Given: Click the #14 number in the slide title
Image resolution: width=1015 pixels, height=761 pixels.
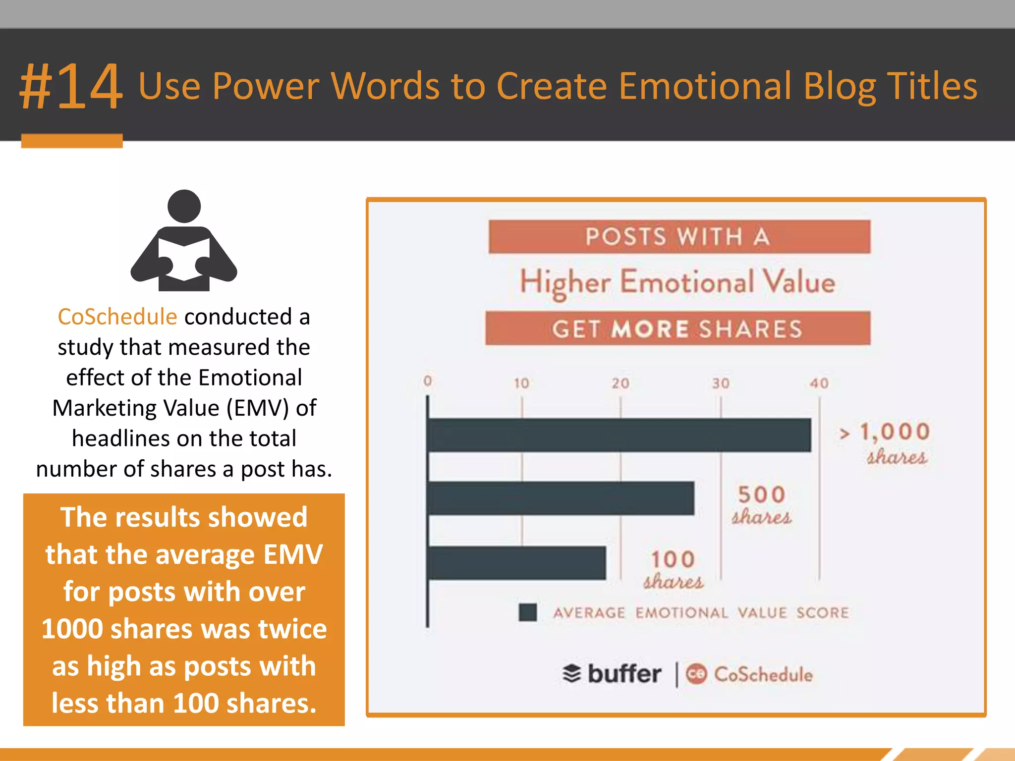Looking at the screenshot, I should [71, 87].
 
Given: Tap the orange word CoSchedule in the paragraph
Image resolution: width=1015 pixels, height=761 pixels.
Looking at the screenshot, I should [117, 317].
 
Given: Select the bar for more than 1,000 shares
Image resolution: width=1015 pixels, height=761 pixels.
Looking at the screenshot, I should [619, 435].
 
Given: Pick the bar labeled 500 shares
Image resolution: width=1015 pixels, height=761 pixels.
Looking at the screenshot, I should [561, 498].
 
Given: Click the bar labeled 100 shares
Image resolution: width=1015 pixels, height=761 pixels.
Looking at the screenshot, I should [516, 563].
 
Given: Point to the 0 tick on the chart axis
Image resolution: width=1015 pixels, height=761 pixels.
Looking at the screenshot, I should [428, 380].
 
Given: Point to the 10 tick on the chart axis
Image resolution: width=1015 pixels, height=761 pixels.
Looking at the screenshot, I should [521, 383].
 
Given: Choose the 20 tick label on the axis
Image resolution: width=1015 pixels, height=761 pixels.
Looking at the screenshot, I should [620, 383].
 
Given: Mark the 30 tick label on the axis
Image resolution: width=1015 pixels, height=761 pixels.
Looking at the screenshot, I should [721, 383].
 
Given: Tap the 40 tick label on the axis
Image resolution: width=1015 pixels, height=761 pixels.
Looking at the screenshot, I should [819, 383].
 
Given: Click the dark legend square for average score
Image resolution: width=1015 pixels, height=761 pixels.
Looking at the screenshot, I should [528, 612].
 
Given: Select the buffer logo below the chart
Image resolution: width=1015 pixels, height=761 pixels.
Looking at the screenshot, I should [613, 674].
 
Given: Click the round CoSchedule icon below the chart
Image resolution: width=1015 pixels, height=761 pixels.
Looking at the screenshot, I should [696, 674].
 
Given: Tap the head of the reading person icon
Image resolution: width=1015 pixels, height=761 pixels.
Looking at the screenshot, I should [184, 206].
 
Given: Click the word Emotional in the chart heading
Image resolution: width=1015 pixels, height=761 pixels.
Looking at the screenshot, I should [687, 282].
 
